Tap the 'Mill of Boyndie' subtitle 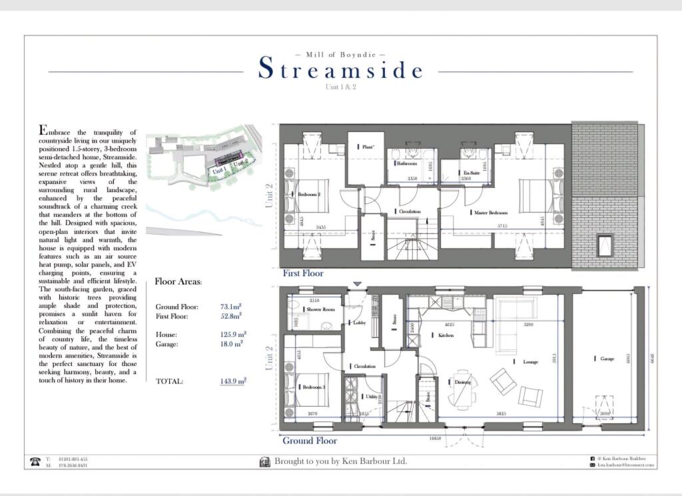pos(340,53)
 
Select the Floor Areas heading pos(178,282)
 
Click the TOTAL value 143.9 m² pos(233,381)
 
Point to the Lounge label pos(530,361)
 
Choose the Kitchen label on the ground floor pos(446,335)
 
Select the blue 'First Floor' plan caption pos(303,273)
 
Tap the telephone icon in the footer pos(35,461)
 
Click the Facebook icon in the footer pos(592,459)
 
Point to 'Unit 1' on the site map pos(219,171)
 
